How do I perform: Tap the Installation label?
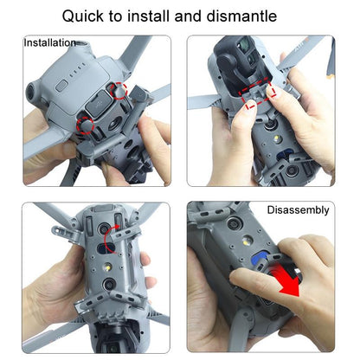coord(49,42)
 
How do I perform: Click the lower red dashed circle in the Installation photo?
coord(86,125)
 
